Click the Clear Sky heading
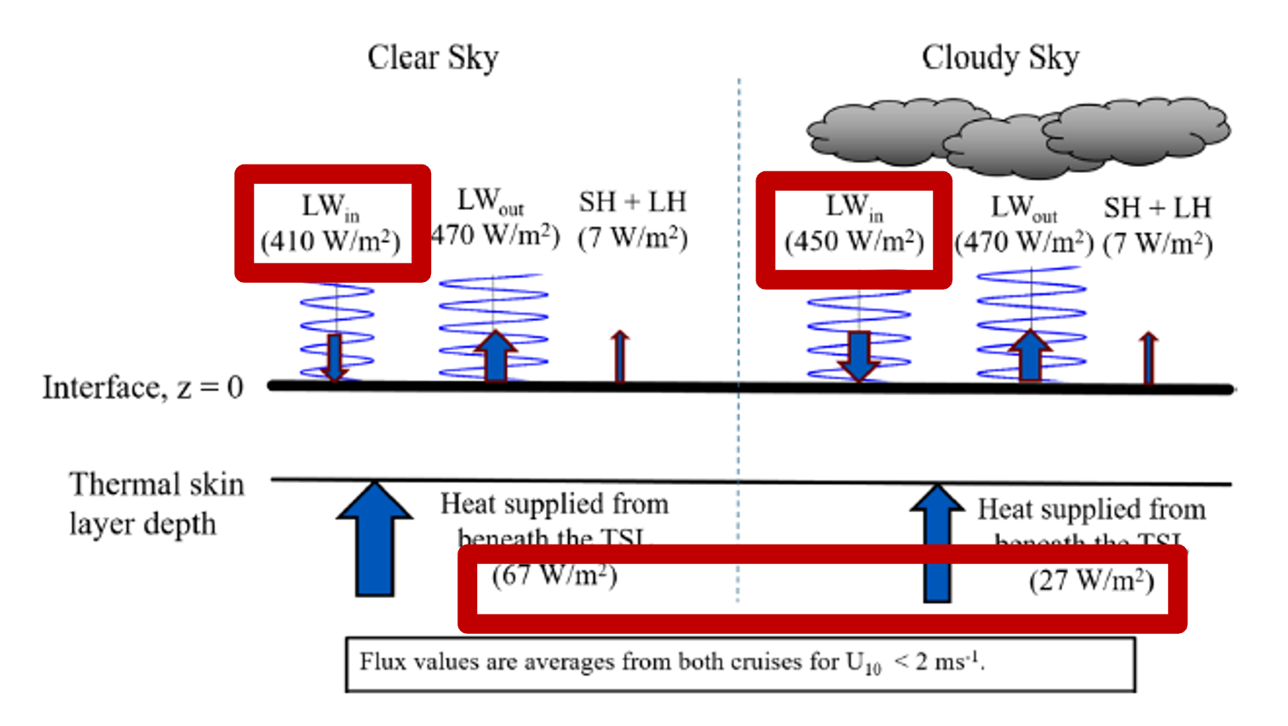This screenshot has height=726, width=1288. [x=433, y=58]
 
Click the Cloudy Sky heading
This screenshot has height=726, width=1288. [x=1000, y=58]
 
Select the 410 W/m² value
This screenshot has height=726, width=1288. [x=331, y=242]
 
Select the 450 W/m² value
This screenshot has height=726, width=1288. [x=854, y=242]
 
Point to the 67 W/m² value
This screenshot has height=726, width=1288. [x=555, y=575]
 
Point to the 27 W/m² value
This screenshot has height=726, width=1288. [x=1091, y=580]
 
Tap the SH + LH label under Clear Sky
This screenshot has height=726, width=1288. [x=632, y=202]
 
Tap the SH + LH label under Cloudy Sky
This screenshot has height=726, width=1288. [x=1157, y=208]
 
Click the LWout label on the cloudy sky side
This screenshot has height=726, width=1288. [x=1023, y=208]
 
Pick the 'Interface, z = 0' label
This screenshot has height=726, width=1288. [x=143, y=388]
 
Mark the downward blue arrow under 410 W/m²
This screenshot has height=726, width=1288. [x=335, y=357]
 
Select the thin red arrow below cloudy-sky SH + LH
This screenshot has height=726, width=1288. [x=1149, y=358]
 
